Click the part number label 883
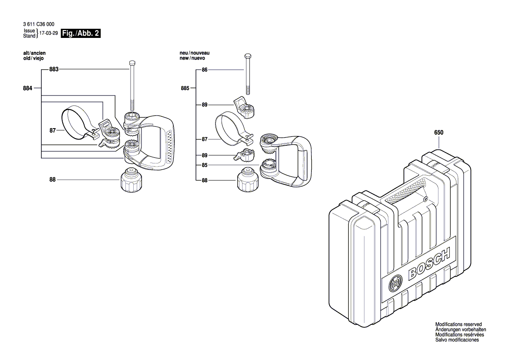[x=54, y=69]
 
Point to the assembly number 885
[x=185, y=88]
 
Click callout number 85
[x=204, y=165]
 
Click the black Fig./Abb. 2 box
[x=81, y=34]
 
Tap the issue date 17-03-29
[x=48, y=33]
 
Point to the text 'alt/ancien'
[x=34, y=53]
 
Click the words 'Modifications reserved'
[x=458, y=325]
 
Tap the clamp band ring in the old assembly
[x=77, y=122]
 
